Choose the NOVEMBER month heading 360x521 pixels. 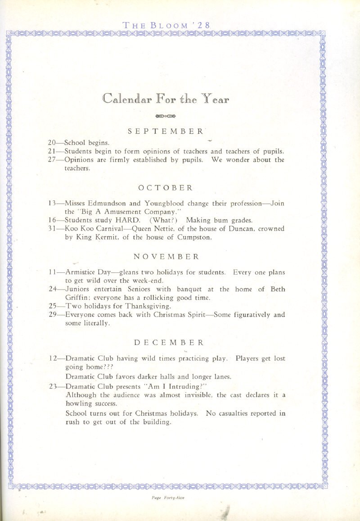(166, 257)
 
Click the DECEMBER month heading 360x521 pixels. (166, 343)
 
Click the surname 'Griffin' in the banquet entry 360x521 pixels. (78, 298)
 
